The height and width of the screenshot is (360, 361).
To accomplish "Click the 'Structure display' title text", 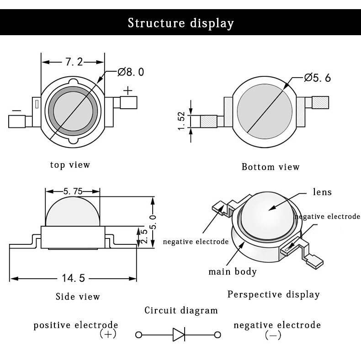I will click(180, 23).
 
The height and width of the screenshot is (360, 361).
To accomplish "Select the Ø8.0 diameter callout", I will click(131, 72).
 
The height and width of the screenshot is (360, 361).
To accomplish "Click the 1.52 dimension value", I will click(181, 121).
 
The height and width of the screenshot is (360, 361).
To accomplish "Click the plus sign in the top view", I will click(128, 90).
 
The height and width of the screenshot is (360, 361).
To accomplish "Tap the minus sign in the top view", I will click(16, 110).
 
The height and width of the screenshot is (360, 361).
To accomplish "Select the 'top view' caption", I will click(70, 164).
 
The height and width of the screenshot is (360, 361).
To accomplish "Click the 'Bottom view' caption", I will click(271, 167).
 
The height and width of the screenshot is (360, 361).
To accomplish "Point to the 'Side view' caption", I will click(78, 296).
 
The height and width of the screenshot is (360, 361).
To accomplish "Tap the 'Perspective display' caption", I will click(273, 294).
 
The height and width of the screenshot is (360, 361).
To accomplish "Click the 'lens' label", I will click(322, 192).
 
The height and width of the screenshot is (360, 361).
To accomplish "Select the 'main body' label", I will click(233, 272).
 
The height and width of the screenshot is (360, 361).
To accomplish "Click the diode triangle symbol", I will click(179, 335).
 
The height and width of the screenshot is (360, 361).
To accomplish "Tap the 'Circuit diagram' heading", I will click(181, 311).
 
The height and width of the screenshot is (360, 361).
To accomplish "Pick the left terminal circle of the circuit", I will click(138, 335).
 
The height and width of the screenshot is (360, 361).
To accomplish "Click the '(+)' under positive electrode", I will click(108, 334).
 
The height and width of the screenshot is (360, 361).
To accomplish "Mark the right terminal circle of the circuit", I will click(218, 335).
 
